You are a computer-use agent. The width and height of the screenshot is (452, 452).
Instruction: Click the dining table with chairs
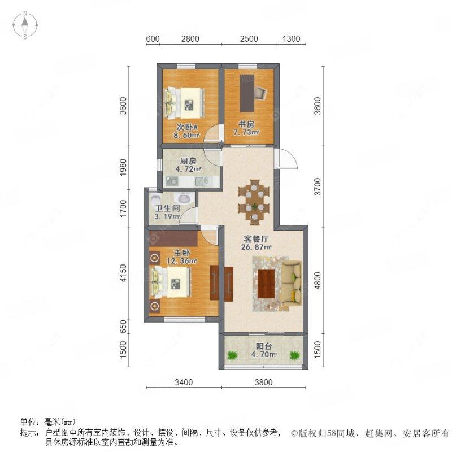254,199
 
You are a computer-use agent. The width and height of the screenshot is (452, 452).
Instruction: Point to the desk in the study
247,93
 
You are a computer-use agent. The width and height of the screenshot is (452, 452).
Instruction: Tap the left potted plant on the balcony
232,355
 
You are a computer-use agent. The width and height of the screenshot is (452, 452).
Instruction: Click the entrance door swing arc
288,160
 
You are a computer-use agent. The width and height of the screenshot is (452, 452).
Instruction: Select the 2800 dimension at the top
190,39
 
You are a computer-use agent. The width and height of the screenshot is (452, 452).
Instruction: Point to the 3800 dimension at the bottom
263,383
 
